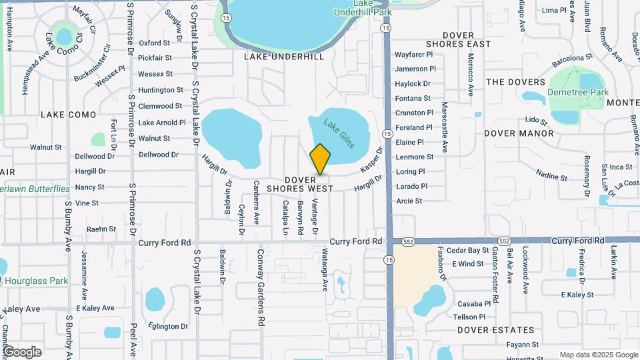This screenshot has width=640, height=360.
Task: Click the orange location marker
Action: point(320,160)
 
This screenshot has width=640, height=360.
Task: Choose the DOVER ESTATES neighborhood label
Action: point(496,330)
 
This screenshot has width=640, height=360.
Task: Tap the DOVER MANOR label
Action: point(528,133)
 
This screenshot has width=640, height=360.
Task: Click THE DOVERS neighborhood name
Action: point(515,82)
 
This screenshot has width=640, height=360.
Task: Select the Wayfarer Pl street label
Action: point(414,54)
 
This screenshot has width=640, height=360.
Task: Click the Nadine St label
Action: point(551,175)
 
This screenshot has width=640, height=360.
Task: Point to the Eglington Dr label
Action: point(169,327)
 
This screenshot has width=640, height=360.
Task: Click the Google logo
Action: point(22,352)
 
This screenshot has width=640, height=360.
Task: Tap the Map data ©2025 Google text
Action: point(599,355)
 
